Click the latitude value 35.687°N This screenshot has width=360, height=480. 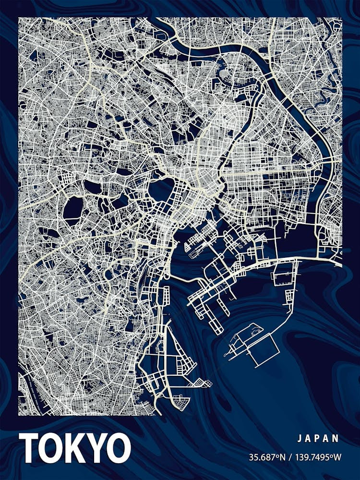266,456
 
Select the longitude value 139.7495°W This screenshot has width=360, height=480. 317,456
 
